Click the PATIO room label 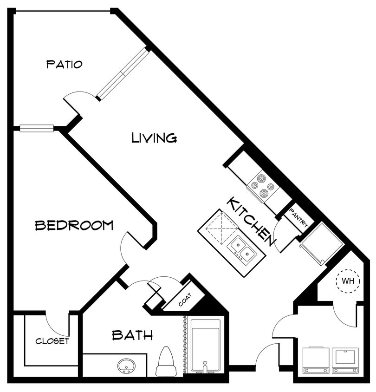click(x=64, y=64)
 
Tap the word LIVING click(x=154, y=137)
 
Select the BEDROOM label click(x=74, y=225)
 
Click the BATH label click(x=132, y=335)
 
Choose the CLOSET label click(x=52, y=341)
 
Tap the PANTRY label click(x=298, y=218)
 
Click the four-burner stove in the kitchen click(x=263, y=186)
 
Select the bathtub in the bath click(x=205, y=345)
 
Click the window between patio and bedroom click(x=36, y=128)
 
